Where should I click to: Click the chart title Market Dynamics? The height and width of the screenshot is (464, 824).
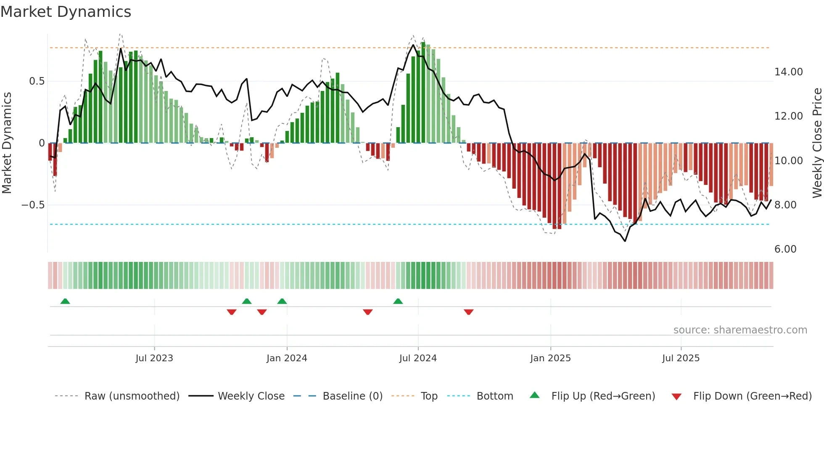[66, 12]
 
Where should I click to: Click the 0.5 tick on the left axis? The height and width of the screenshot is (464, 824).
[37, 81]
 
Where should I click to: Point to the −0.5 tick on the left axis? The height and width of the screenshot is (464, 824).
[33, 205]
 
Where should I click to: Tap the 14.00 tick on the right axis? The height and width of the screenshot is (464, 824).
[788, 72]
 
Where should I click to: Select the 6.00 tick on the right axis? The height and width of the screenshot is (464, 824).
[785, 249]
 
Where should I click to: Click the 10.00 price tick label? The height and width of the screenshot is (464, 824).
[788, 161]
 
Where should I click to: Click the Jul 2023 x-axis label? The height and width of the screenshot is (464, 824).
[154, 358]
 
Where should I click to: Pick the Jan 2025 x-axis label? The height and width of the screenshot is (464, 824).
[550, 358]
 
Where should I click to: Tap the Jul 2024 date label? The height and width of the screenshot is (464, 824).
[418, 358]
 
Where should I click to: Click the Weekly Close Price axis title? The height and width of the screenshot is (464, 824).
[817, 143]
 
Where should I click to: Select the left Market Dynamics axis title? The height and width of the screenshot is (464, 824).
[7, 143]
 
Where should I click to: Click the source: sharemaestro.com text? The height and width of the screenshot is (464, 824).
[740, 330]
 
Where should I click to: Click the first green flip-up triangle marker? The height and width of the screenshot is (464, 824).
[65, 301]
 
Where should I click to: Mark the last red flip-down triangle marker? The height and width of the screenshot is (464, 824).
[469, 312]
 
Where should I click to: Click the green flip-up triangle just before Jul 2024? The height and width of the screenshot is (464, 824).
[398, 301]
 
